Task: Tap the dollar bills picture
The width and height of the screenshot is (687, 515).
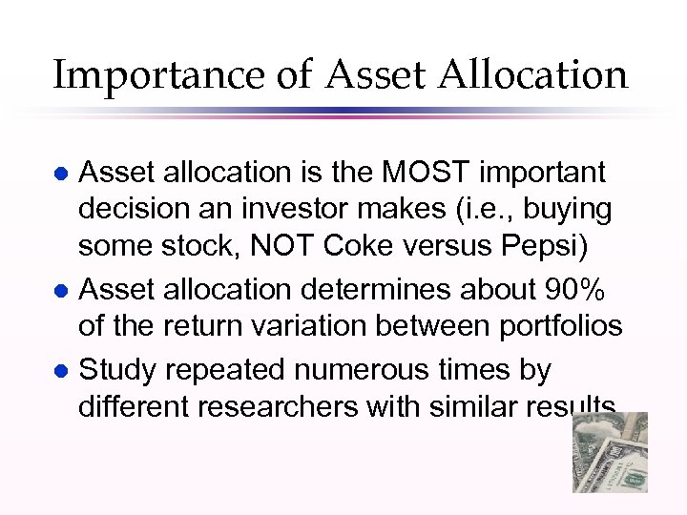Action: pyautogui.click(x=610, y=452)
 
